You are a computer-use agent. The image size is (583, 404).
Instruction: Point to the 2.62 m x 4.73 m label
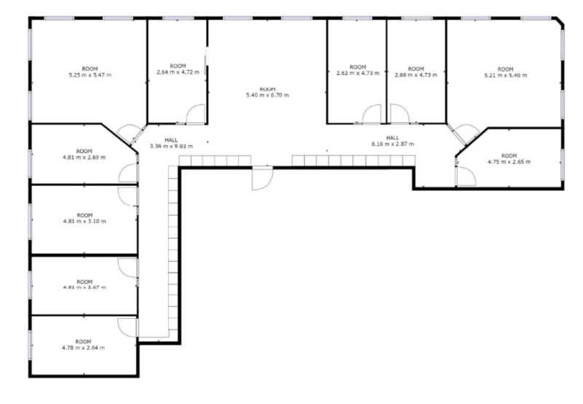pyautogui.click(x=356, y=72)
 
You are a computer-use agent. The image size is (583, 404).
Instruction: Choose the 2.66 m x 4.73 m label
pyautogui.click(x=415, y=72)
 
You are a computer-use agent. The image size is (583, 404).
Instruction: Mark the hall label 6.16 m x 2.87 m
pyautogui.click(x=393, y=142)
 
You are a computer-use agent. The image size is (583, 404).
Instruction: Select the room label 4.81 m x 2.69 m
pyautogui.click(x=85, y=155)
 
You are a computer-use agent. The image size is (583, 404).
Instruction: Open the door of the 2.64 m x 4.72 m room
pyautogui.click(x=196, y=115)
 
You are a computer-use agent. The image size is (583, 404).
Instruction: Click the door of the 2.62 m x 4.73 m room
pyautogui.click(x=372, y=114)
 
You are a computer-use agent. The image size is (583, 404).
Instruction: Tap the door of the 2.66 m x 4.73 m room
pyautogui.click(x=399, y=114)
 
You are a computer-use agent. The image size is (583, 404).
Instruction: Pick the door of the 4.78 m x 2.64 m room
pyautogui.click(x=128, y=326)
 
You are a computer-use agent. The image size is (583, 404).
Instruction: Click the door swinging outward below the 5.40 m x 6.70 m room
pyautogui.click(x=262, y=178)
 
